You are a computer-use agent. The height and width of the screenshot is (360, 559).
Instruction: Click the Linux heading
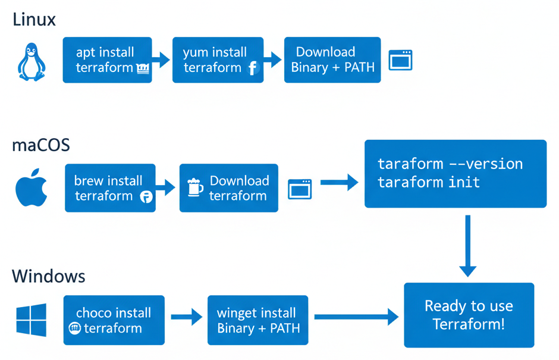(x=34, y=20)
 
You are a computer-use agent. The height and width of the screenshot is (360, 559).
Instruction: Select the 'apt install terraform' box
(x=107, y=60)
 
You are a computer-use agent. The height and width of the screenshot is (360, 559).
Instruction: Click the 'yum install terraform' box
(x=218, y=60)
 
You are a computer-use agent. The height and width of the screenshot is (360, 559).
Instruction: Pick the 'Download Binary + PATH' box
(x=332, y=60)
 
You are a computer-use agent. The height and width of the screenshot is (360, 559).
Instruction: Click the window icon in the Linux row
(x=400, y=60)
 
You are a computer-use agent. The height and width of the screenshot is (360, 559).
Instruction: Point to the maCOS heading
(x=41, y=145)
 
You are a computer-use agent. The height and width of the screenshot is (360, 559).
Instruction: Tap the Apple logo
(x=31, y=187)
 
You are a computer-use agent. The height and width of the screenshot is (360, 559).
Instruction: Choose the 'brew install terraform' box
(x=110, y=188)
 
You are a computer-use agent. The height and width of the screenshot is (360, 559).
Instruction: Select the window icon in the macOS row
(x=300, y=189)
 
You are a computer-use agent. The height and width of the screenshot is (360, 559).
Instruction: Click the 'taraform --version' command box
(x=455, y=173)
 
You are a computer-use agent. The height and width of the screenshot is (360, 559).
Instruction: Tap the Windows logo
(x=32, y=320)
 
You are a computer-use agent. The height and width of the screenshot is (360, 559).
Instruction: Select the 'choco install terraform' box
(x=114, y=320)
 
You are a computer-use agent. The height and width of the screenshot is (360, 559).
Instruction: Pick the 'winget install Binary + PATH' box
(x=257, y=320)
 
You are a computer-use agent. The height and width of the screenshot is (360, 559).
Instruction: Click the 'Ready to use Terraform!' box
(x=469, y=315)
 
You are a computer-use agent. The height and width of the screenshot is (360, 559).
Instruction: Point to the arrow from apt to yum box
(x=161, y=59)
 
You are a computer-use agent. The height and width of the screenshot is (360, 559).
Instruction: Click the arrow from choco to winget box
(x=186, y=317)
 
